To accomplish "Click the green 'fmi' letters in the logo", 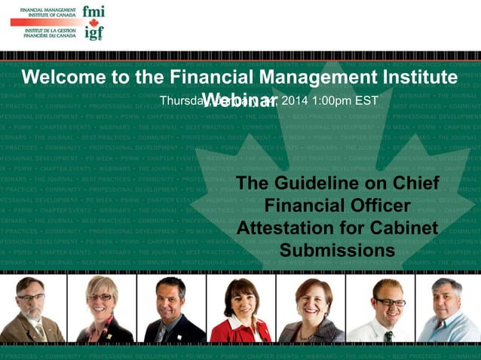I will tap(94, 13).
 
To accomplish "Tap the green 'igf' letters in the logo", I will tap(94, 33).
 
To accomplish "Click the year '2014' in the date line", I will tap(296, 100).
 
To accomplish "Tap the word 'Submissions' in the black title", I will tap(337, 249).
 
